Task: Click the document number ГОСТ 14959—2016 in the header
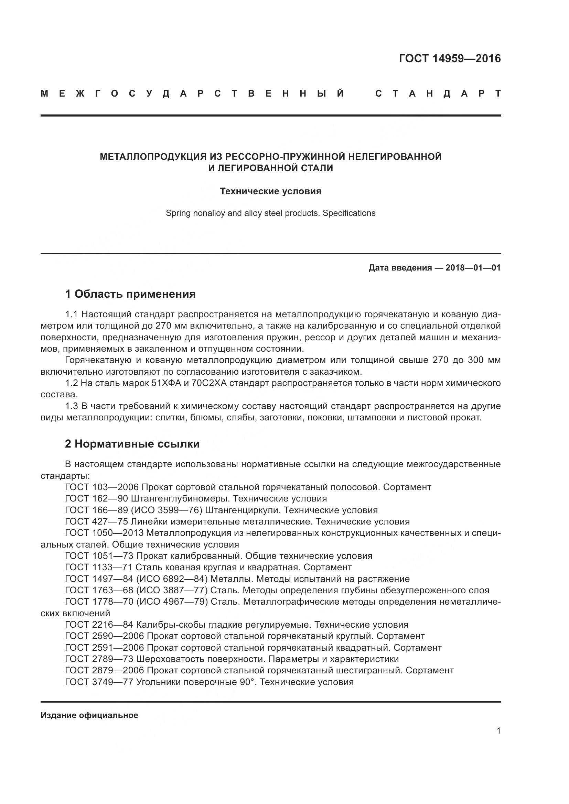[x=450, y=58]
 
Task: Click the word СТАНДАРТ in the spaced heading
[x=438, y=93]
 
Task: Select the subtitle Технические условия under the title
[x=270, y=191]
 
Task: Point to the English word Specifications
[x=349, y=213]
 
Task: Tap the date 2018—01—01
[x=473, y=268]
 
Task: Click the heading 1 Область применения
[x=130, y=294]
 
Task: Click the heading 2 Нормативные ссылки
[x=132, y=444]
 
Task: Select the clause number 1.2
[x=72, y=383]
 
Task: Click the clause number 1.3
[x=72, y=406]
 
